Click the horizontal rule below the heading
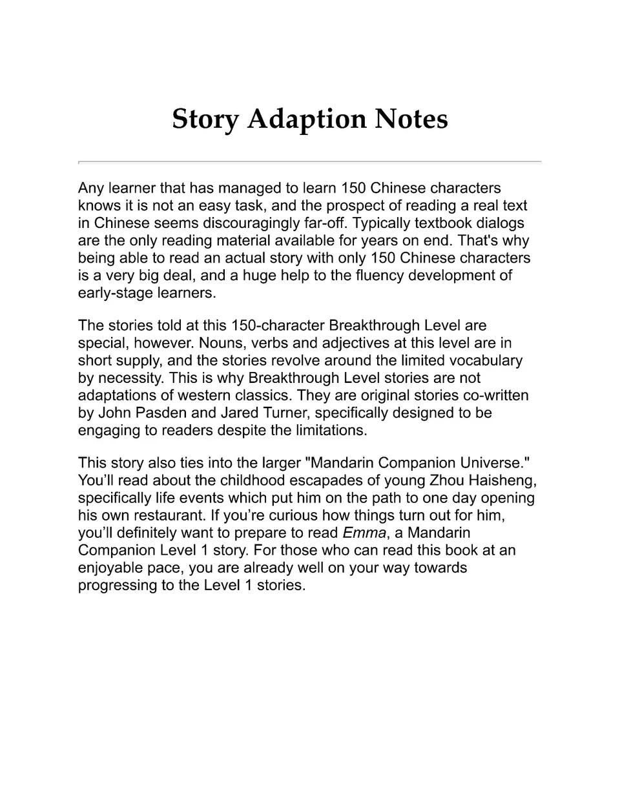pyautogui.click(x=309, y=161)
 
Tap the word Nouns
pyautogui.click(x=220, y=343)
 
